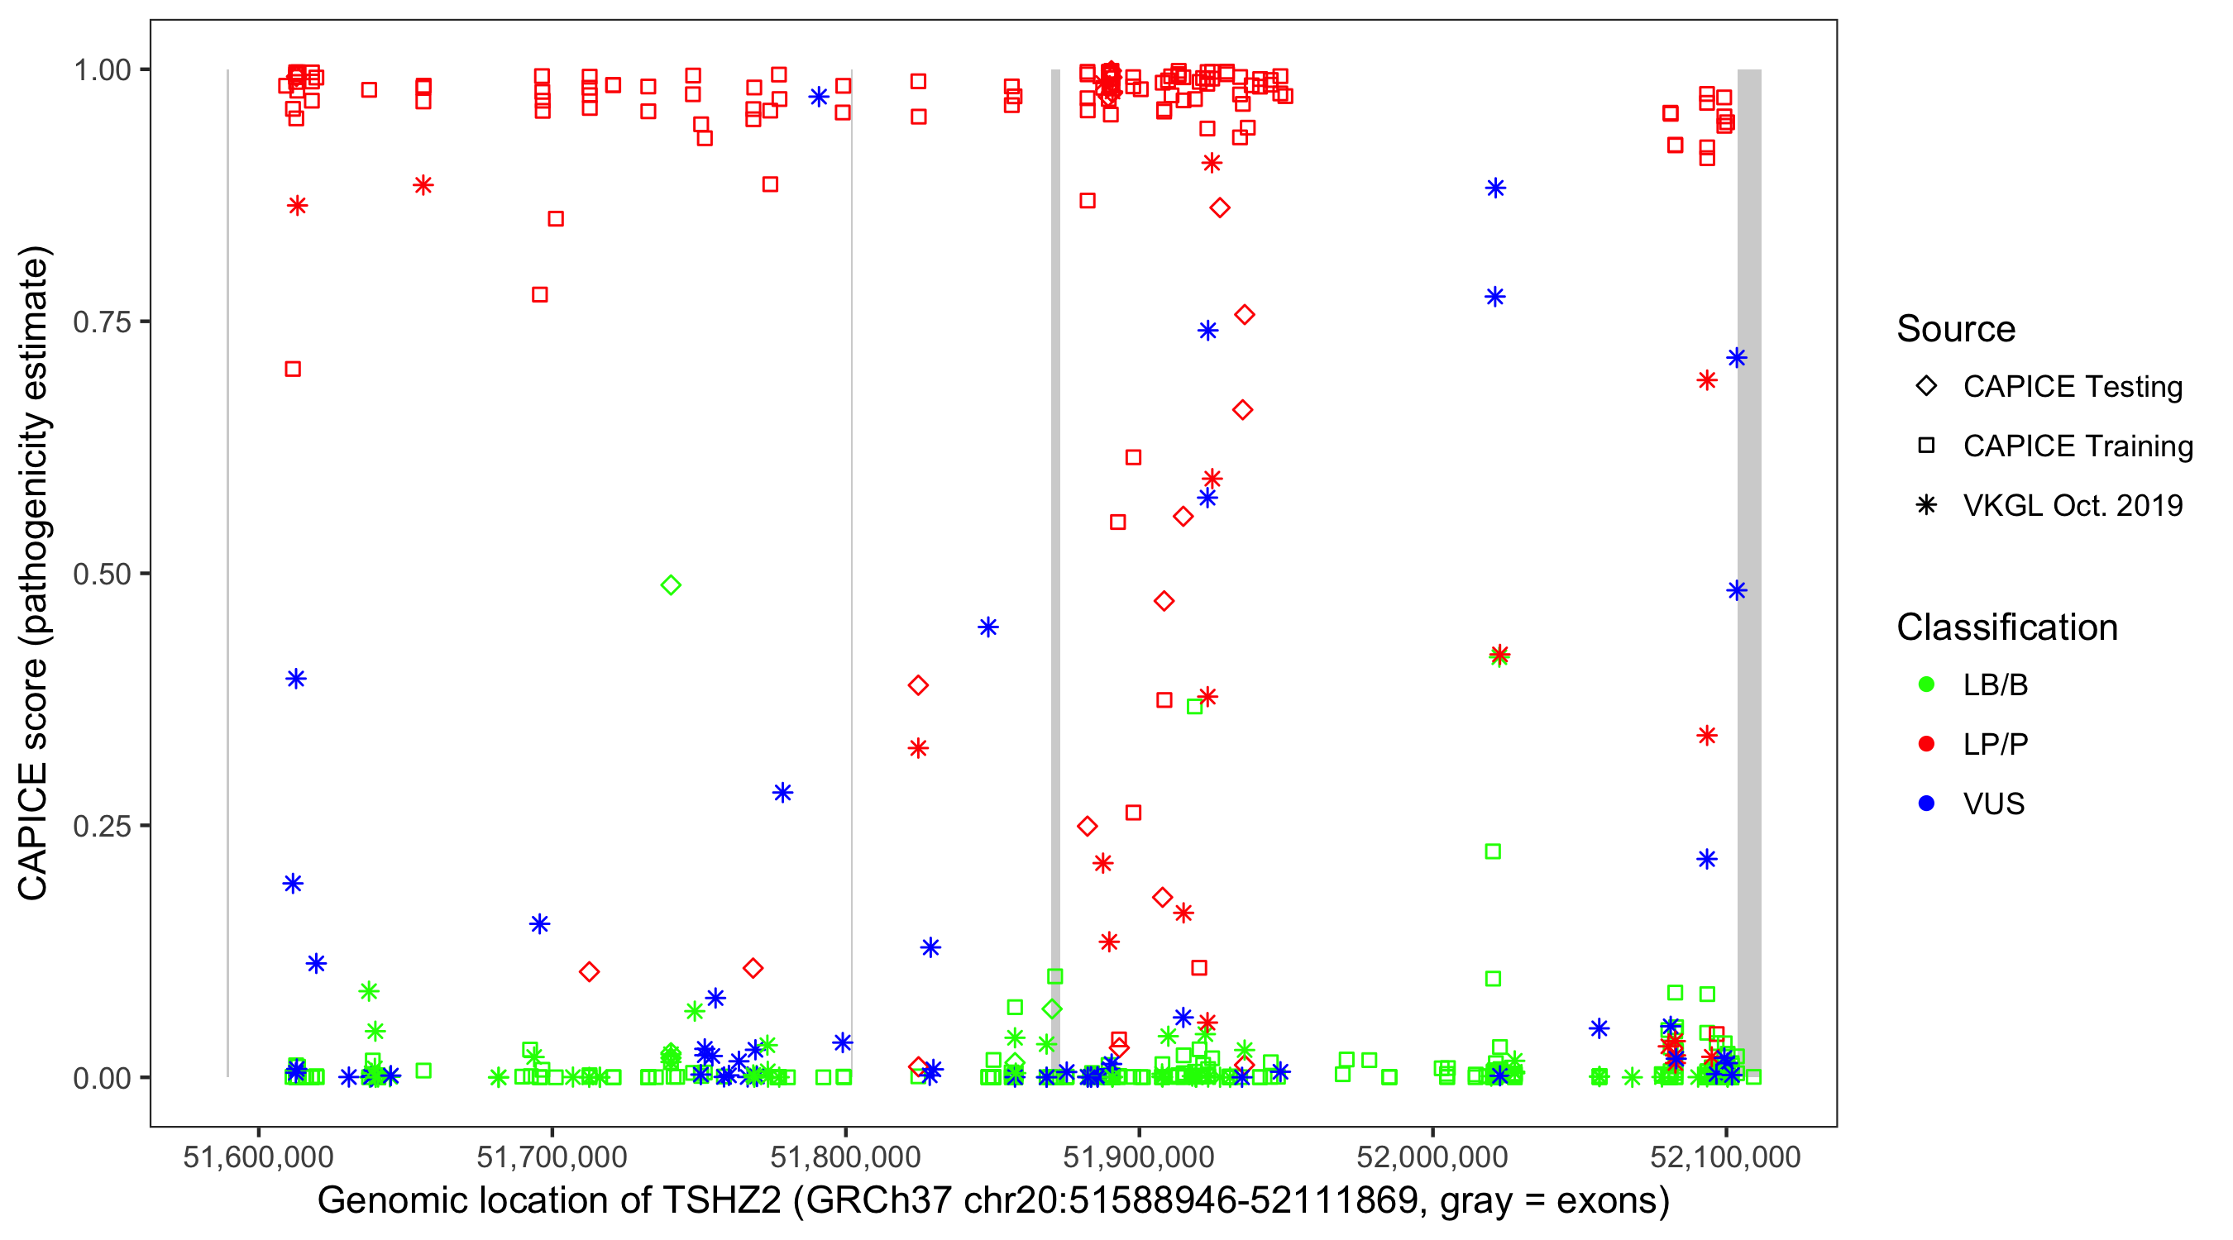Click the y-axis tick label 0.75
[101, 322]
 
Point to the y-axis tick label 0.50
[101, 574]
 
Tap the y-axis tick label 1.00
[101, 70]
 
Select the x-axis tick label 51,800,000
[845, 1157]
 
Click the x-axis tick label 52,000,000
[1432, 1157]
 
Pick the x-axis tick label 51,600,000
[258, 1157]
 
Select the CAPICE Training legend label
[2078, 446]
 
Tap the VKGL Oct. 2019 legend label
[2073, 506]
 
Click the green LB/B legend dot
[1926, 684]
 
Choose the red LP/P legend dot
[1926, 744]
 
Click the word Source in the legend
[1956, 329]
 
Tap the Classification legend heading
[2006, 627]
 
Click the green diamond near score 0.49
[670, 586]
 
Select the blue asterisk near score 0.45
[988, 627]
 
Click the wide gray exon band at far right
[1748, 572]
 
